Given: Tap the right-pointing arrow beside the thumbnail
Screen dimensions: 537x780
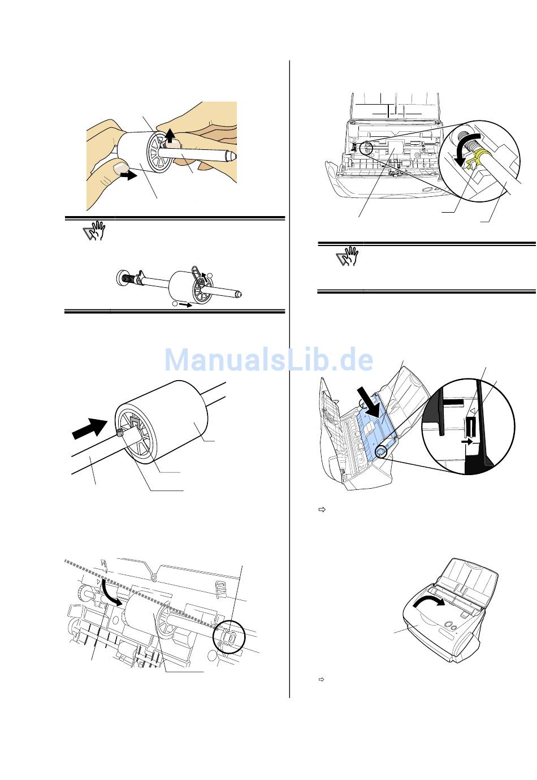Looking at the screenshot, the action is click(129, 175).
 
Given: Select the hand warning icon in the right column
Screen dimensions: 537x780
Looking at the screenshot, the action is click(347, 257).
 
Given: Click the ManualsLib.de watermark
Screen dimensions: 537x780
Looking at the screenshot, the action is click(268, 360).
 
